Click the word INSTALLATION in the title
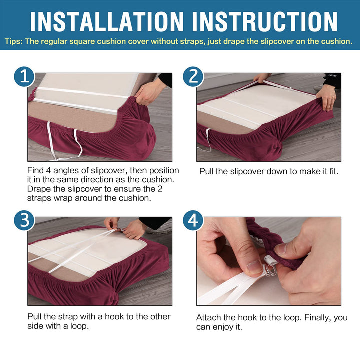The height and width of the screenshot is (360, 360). point(107,22)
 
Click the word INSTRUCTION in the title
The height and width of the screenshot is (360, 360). point(265,22)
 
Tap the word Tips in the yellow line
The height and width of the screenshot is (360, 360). point(13,42)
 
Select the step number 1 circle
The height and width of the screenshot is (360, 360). point(24,76)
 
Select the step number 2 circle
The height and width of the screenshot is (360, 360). point(193,76)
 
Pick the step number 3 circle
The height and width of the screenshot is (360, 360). point(24,220)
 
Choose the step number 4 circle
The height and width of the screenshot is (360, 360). point(193,220)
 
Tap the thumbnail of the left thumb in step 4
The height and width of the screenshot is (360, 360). point(254,267)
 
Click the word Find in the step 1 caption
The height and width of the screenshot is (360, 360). point(35,170)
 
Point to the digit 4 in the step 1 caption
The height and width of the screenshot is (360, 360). point(48,170)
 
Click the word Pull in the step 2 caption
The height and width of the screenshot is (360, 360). point(206,171)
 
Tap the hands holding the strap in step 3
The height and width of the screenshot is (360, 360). point(125,228)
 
